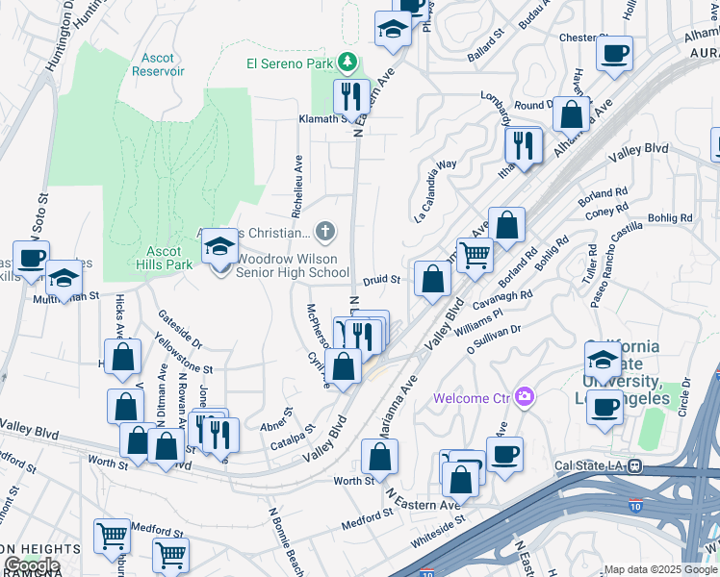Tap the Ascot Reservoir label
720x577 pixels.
157,64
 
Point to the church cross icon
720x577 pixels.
326,231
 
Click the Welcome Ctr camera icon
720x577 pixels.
525,396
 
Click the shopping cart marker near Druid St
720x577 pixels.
474,255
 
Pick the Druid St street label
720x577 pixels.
381,280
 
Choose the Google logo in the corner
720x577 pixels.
32,565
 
